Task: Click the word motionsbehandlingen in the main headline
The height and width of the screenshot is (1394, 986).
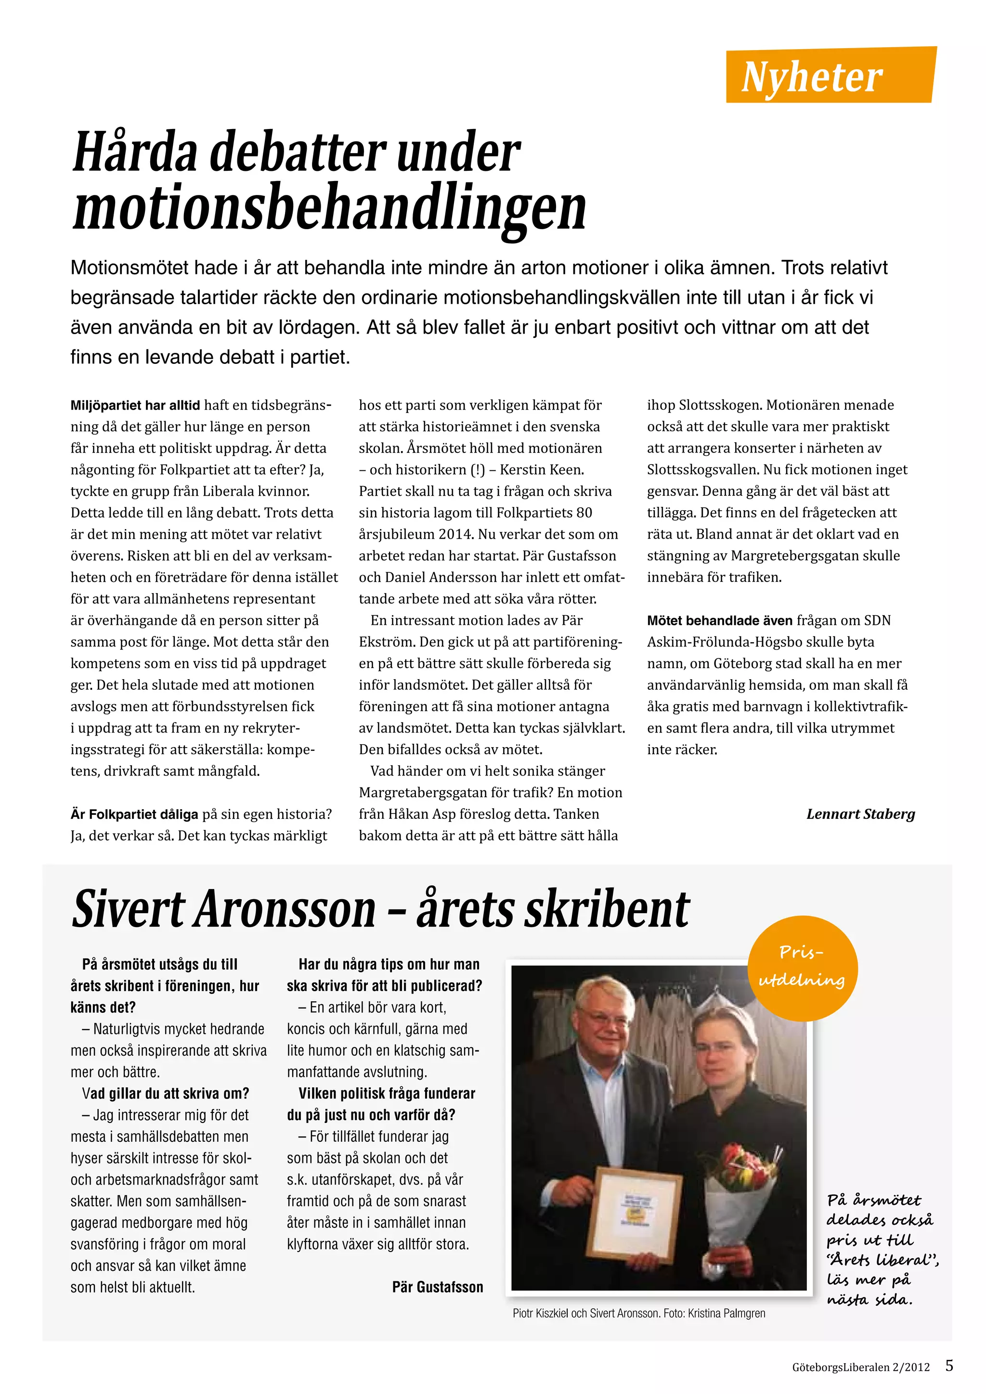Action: coord(329,208)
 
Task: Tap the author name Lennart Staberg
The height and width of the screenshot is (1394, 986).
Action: coord(860,814)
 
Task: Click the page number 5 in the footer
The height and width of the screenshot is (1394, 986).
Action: coord(949,1366)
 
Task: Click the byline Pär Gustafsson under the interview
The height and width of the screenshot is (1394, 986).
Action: coord(437,1287)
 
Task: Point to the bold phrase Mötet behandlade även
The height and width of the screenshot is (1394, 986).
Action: coord(719,620)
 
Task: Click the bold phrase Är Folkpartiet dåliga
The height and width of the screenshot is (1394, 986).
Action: coord(134,814)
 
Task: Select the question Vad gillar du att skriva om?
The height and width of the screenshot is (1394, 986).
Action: coord(165,1094)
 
